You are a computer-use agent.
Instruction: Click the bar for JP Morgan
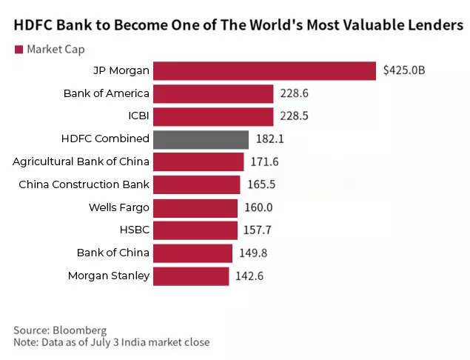click(266, 71)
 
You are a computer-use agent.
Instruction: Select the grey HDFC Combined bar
click(201, 139)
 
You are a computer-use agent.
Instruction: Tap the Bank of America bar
click(214, 94)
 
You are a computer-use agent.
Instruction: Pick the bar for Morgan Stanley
click(192, 276)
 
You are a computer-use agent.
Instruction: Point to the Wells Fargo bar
click(196, 207)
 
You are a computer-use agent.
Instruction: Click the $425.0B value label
click(403, 71)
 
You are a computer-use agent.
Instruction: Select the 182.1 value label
click(269, 139)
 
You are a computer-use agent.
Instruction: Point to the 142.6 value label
click(249, 276)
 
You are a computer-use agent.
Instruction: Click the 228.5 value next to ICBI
click(295, 117)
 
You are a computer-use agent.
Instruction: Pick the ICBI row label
click(138, 116)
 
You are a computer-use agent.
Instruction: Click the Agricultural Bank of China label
click(81, 161)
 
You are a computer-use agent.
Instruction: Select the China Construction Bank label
click(84, 184)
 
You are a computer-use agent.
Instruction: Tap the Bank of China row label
click(113, 253)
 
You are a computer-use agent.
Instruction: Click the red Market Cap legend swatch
click(18, 50)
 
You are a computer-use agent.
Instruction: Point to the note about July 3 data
click(111, 342)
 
